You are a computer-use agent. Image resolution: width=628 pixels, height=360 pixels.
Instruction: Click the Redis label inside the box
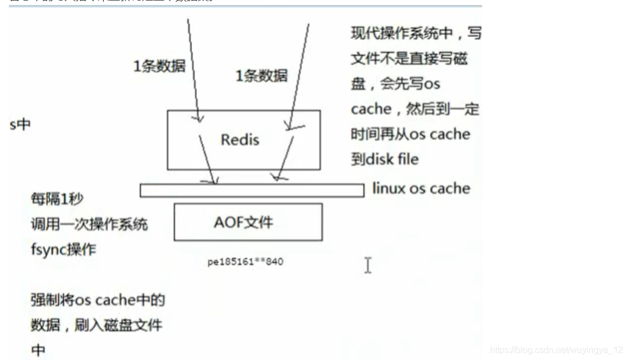pyautogui.click(x=240, y=139)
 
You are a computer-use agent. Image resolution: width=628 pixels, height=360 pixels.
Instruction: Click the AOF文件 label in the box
pyautogui.click(x=243, y=222)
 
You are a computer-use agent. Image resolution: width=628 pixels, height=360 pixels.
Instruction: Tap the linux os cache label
pyautogui.click(x=421, y=188)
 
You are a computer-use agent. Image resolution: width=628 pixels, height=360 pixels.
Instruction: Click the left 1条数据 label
pyautogui.click(x=159, y=66)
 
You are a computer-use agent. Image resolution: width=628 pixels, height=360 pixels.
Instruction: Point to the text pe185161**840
pyautogui.click(x=245, y=261)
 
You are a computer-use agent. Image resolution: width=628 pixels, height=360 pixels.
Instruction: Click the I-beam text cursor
pyautogui.click(x=367, y=265)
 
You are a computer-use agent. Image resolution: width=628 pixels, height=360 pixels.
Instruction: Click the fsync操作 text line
pyautogui.click(x=63, y=249)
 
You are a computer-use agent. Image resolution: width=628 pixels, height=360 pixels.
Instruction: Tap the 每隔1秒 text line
pyautogui.click(x=57, y=198)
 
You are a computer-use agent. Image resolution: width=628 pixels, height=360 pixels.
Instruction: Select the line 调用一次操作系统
pyautogui.click(x=89, y=224)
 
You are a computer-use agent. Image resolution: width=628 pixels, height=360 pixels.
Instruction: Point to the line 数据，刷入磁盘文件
pyautogui.click(x=96, y=325)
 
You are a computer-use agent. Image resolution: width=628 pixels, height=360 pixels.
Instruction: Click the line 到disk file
pyautogui.click(x=384, y=160)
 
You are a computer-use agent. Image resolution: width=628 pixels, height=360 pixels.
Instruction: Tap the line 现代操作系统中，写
pyautogui.click(x=416, y=33)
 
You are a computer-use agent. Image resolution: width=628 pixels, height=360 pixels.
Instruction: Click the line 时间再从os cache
pyautogui.click(x=410, y=134)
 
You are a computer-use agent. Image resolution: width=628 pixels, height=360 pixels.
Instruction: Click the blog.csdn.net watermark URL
pyautogui.click(x=556, y=350)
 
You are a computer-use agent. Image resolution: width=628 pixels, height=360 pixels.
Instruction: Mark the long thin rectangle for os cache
pyautogui.click(x=252, y=190)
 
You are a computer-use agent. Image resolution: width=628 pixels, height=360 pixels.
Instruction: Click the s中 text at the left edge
pyautogui.click(x=20, y=124)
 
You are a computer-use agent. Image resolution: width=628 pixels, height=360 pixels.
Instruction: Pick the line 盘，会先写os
pyautogui.click(x=395, y=84)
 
